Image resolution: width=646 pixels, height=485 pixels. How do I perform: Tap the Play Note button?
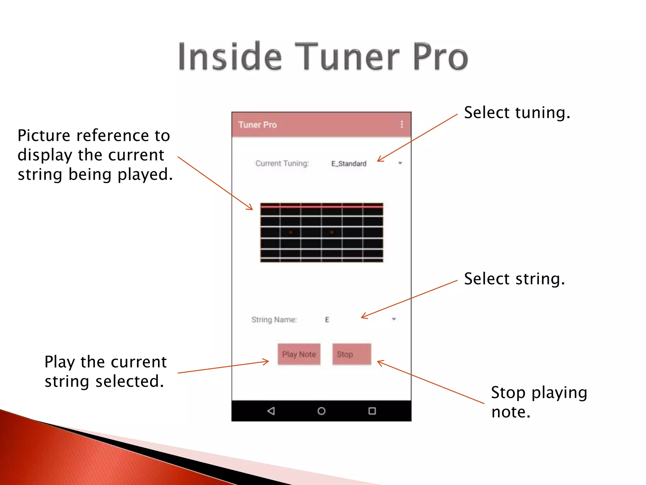coord(299,354)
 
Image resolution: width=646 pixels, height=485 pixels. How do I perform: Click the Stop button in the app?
coord(351,354)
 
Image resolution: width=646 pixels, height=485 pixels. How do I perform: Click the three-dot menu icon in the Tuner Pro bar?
coord(402,124)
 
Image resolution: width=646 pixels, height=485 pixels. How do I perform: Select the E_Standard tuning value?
coord(349,164)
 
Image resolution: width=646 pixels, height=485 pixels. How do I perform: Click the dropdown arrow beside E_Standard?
coord(400,163)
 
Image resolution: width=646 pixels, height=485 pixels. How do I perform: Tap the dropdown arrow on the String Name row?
coord(394,319)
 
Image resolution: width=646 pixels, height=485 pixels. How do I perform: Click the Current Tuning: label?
coord(282,163)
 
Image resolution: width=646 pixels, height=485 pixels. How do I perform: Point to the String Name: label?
coord(274,320)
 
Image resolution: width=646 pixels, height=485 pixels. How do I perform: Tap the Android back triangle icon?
coord(271,411)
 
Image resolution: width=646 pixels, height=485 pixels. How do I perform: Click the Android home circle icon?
coord(321,411)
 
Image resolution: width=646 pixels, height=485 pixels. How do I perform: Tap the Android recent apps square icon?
coord(372,411)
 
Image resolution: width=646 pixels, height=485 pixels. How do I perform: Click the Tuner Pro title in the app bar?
coord(257,125)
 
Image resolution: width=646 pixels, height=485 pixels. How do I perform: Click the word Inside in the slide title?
coord(230,57)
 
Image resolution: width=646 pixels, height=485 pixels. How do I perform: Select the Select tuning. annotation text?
coord(517,113)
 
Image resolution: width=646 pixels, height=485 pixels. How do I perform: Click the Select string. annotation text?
coord(514,279)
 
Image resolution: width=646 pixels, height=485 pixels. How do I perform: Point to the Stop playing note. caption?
coord(539,402)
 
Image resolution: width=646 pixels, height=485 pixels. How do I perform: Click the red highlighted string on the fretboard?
coord(321,207)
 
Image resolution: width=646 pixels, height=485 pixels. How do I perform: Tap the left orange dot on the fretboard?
coord(291,232)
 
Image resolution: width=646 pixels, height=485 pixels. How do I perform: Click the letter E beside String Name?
coord(327,320)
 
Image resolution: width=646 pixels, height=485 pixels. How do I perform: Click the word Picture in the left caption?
coord(44,136)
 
